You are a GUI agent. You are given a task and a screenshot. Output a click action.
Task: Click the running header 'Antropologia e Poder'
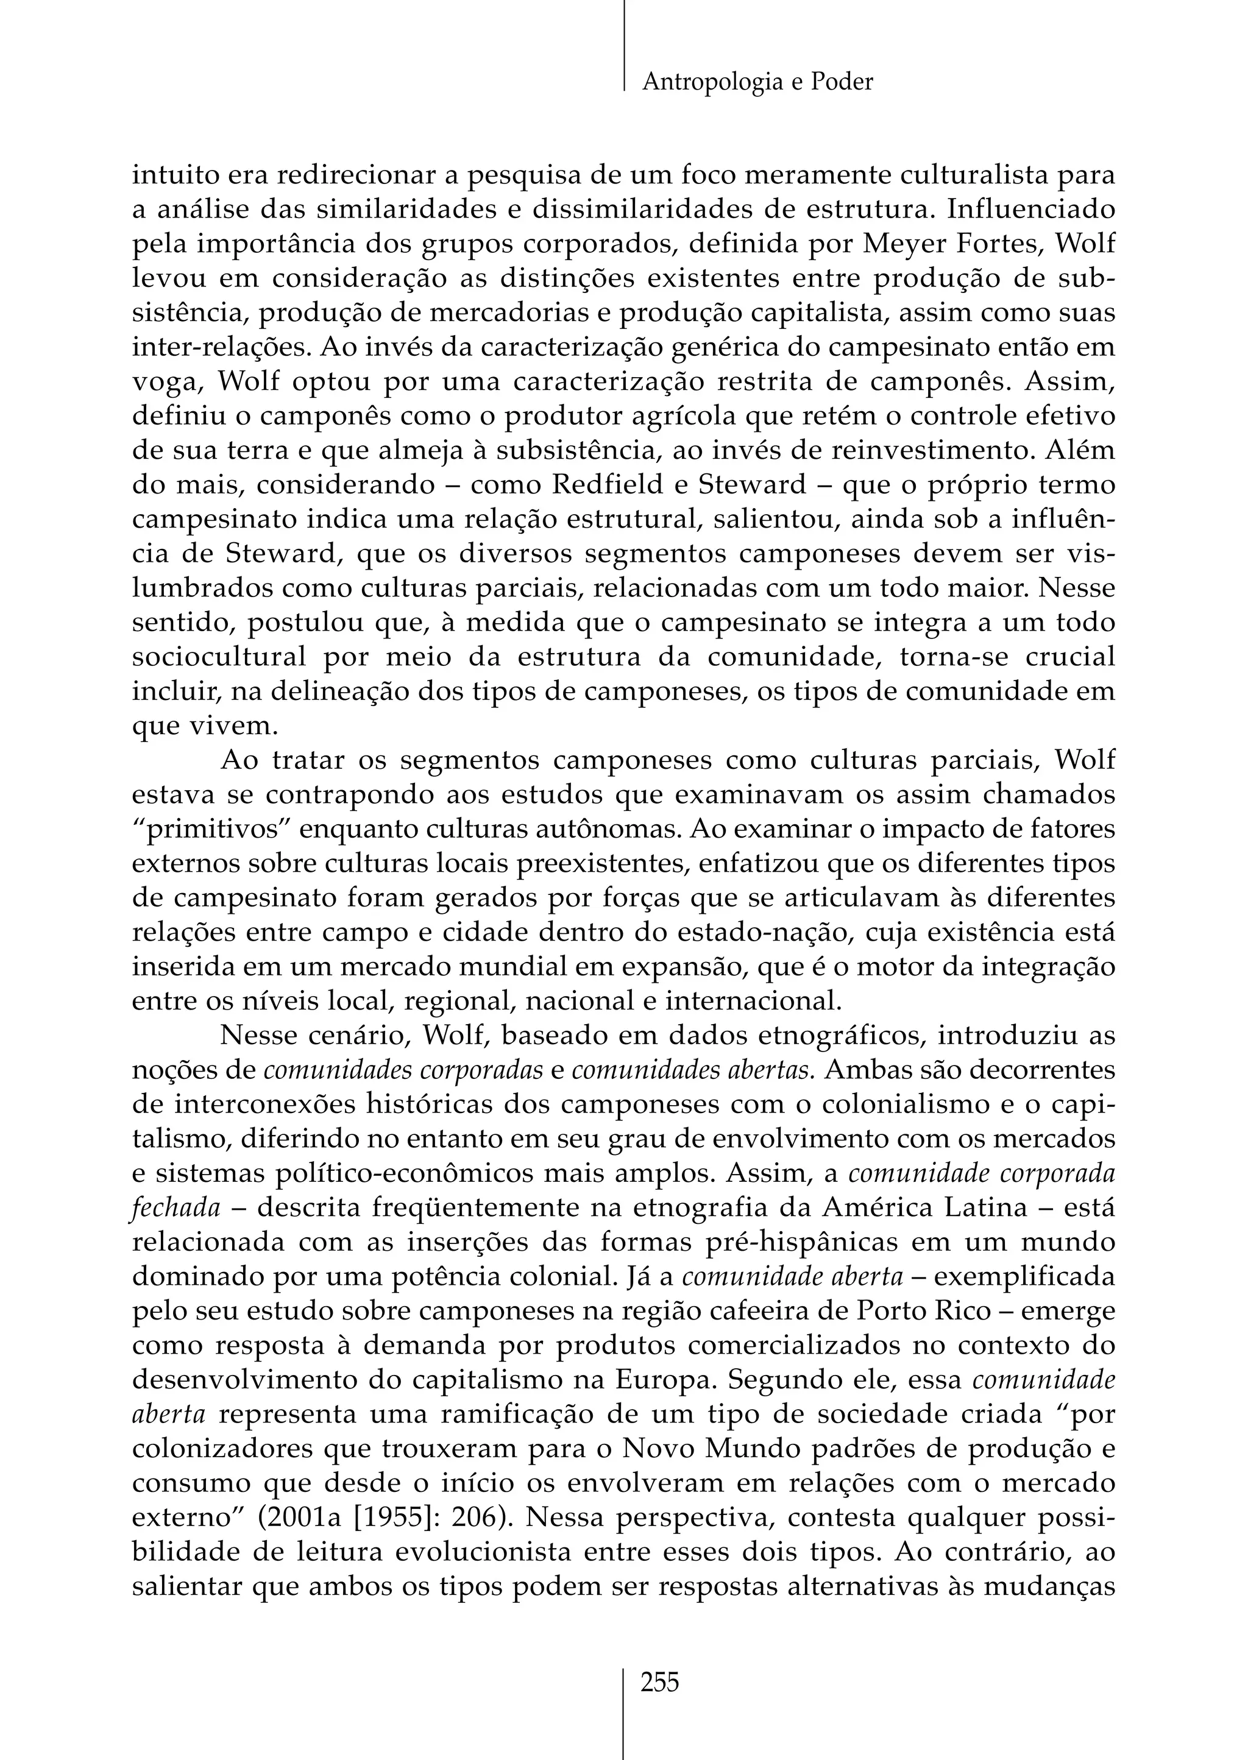pyautogui.click(x=757, y=82)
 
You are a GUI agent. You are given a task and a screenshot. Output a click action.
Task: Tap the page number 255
pyautogui.click(x=660, y=1683)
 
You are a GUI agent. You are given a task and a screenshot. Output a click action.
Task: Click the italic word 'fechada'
pyautogui.click(x=176, y=1209)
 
